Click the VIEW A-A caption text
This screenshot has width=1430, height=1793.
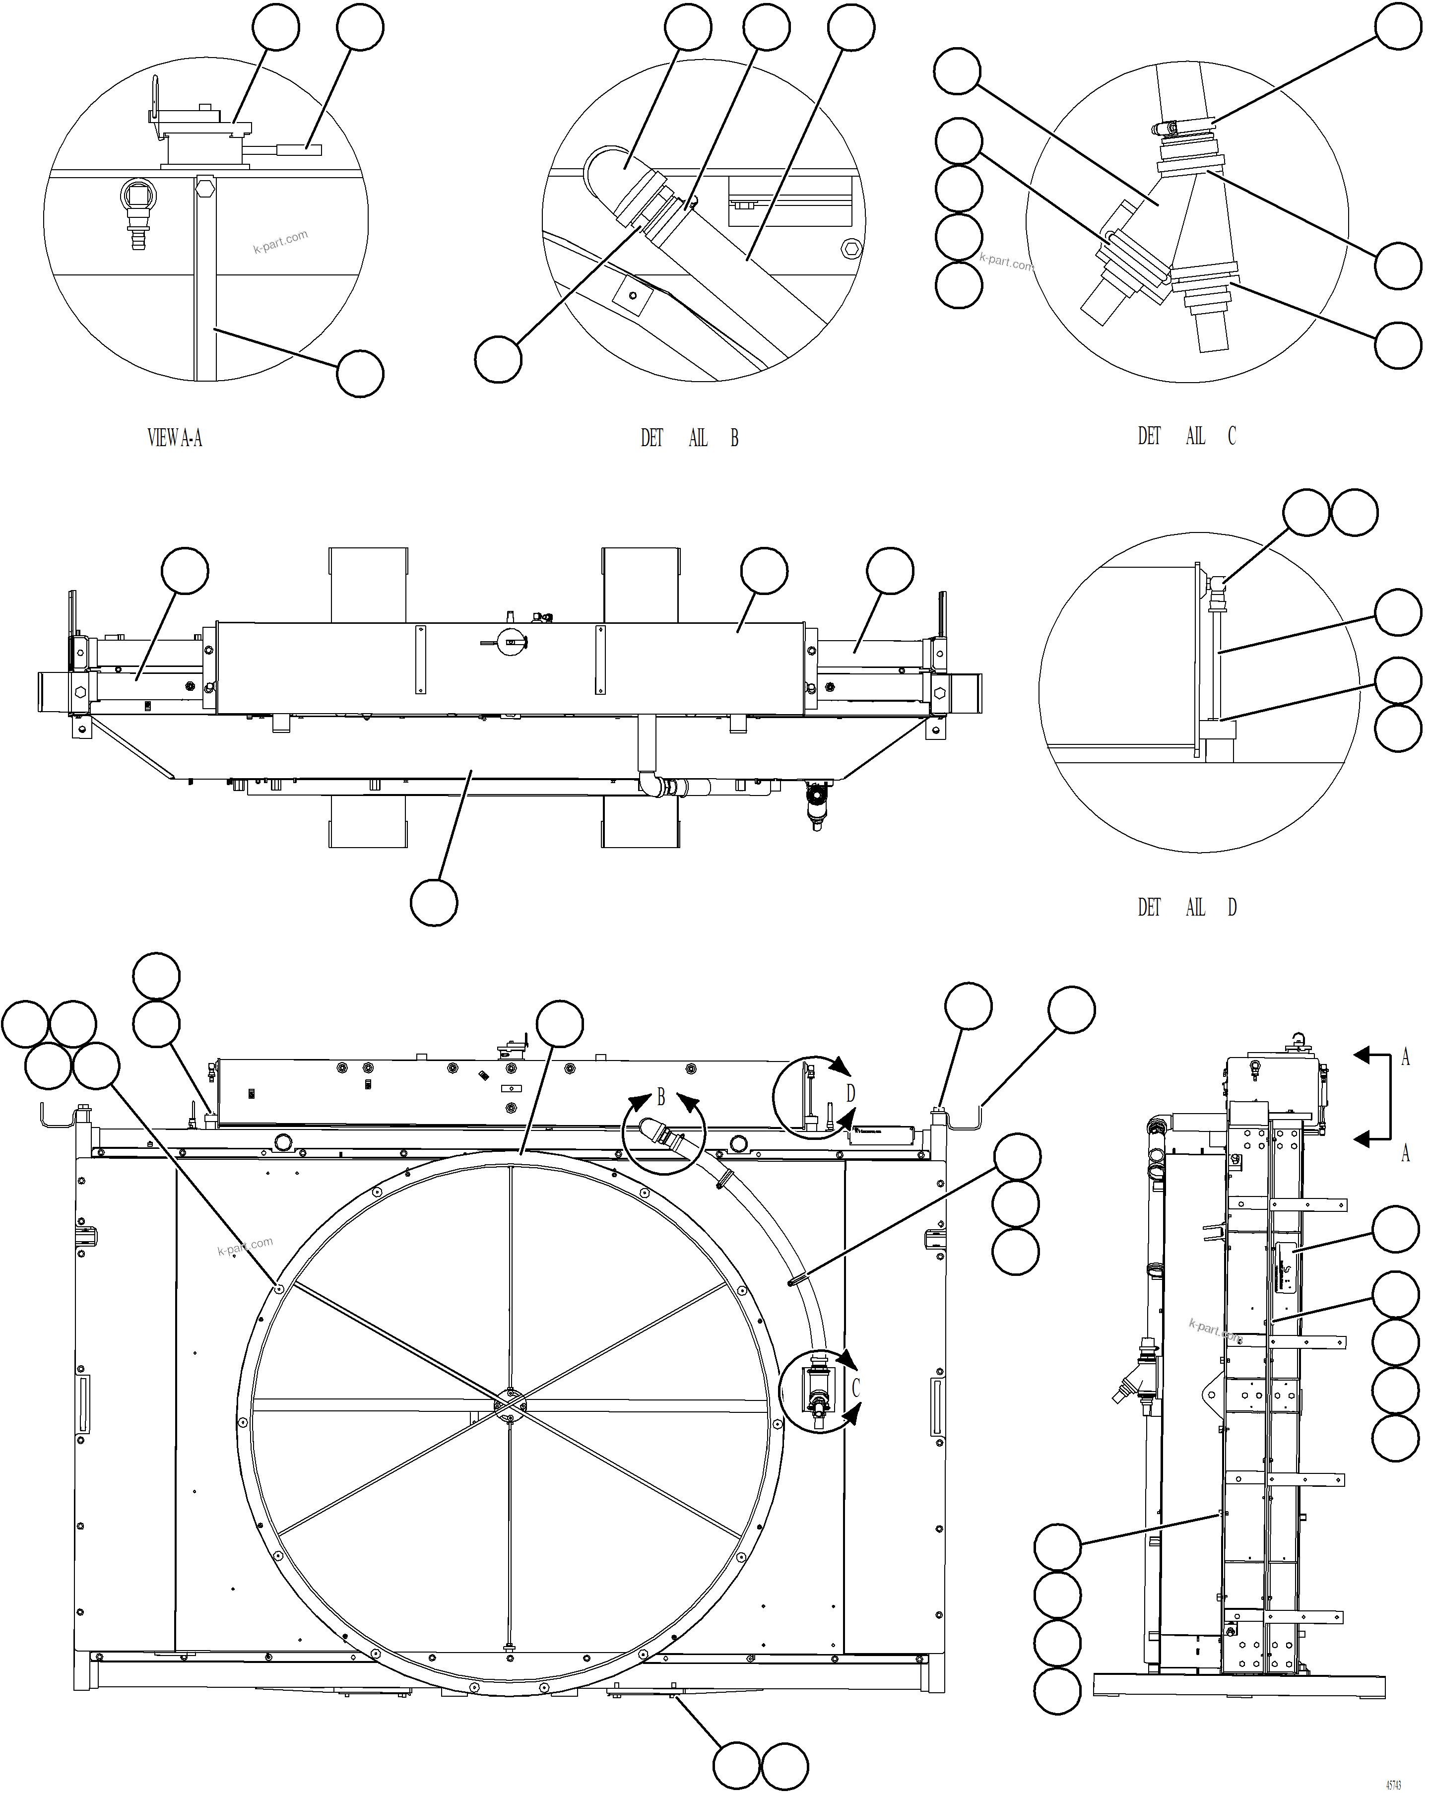click(x=175, y=438)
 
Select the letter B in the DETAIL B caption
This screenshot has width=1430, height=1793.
click(x=734, y=438)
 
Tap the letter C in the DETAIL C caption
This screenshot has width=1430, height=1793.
click(x=1232, y=436)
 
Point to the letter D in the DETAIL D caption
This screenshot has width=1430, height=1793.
click(x=1232, y=907)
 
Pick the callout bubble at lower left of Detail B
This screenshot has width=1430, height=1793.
click(x=498, y=359)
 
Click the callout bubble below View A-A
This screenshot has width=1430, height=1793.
click(x=360, y=374)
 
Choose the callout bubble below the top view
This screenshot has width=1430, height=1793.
click(x=434, y=902)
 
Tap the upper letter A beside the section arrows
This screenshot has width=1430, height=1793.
click(x=1405, y=1057)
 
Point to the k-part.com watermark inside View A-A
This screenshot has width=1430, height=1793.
click(x=280, y=241)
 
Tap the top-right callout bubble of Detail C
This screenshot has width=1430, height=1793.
click(x=1398, y=27)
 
